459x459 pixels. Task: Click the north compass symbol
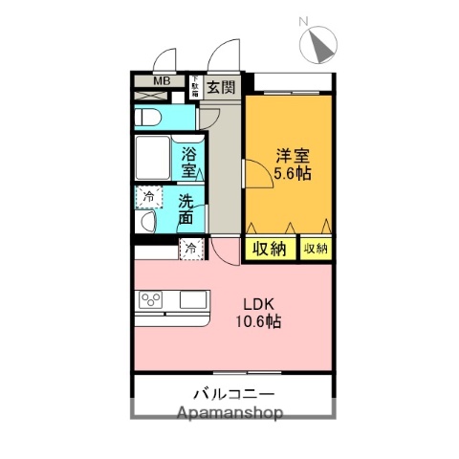[318, 45]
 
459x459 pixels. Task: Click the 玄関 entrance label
[221, 87]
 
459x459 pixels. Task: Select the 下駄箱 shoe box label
[193, 87]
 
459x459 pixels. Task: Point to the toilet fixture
[149, 118]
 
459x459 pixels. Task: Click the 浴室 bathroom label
[188, 162]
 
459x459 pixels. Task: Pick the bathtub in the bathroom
[153, 159]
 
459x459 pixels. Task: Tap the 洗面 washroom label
[188, 210]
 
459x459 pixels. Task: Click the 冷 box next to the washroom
[148, 197]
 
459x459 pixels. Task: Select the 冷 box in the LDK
[191, 250]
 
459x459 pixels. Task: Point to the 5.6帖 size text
[292, 174]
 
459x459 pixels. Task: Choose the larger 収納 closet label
[271, 249]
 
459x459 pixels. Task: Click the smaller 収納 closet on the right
[315, 249]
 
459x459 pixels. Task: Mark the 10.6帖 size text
[258, 322]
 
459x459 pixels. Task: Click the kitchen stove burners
[151, 299]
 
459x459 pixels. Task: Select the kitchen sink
[193, 300]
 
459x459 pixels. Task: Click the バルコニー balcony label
[233, 394]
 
